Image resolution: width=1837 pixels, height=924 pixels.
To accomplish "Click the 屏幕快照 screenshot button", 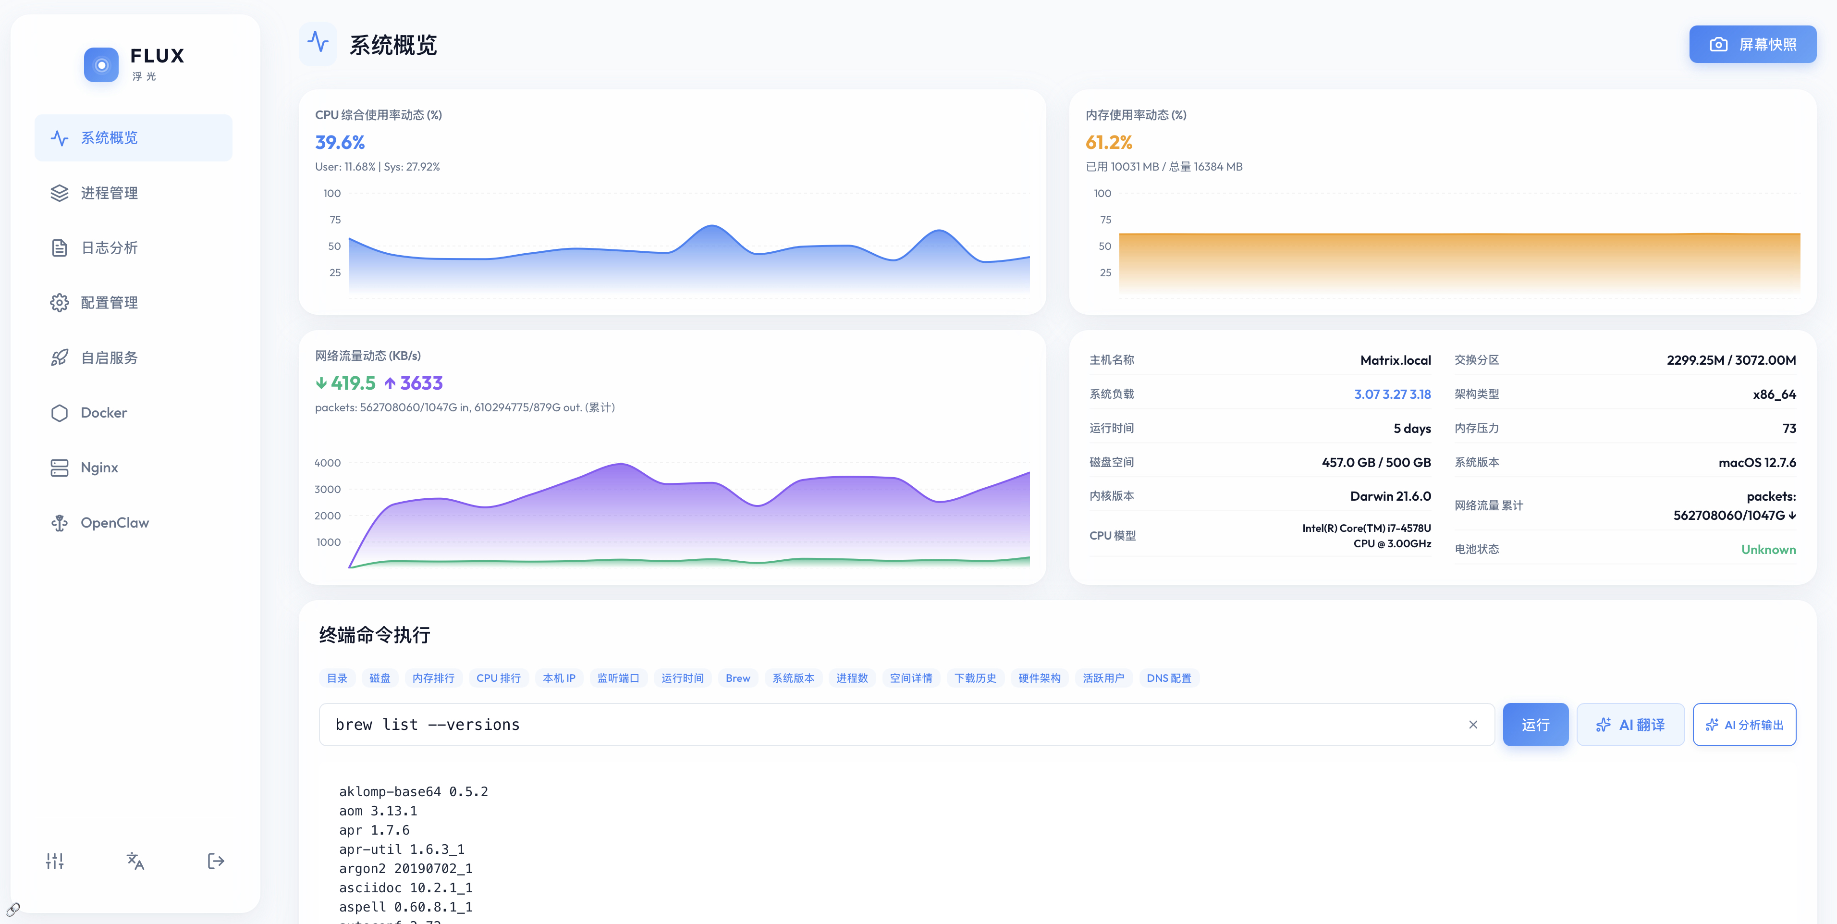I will tap(1752, 44).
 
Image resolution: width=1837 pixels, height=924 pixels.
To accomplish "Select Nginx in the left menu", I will tap(99, 468).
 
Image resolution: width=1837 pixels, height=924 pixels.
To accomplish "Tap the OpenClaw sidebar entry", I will tap(114, 522).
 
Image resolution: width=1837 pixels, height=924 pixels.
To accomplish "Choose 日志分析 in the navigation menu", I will tap(109, 247).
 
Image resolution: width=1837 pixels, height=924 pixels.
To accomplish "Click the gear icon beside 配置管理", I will tap(59, 303).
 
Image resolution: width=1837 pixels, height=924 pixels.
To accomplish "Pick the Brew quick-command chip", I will tap(737, 678).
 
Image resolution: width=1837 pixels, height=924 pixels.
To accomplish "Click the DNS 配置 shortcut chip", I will tap(1168, 678).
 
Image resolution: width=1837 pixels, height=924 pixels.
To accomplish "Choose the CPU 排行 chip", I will tap(498, 678).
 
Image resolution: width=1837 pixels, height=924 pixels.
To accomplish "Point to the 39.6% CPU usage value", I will tap(340, 143).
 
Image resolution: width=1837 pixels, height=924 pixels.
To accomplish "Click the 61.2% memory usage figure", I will tap(1108, 143).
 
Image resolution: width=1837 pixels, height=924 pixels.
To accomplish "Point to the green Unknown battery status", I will tap(1768, 549).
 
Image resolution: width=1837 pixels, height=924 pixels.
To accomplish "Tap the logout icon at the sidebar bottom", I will tap(215, 861).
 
